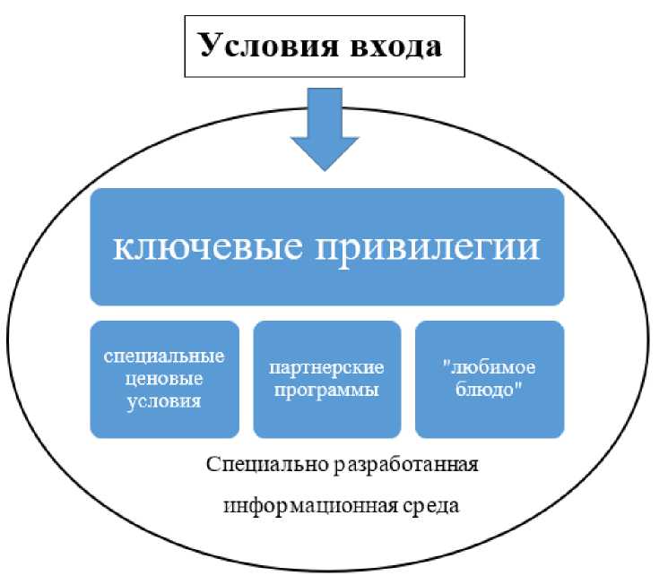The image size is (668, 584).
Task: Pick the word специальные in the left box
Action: [165, 356]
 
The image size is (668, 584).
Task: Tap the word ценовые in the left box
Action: [165, 378]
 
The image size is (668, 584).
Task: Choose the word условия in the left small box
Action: [165, 400]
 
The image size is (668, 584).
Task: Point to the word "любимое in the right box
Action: [490, 367]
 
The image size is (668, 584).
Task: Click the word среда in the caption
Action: [429, 505]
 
